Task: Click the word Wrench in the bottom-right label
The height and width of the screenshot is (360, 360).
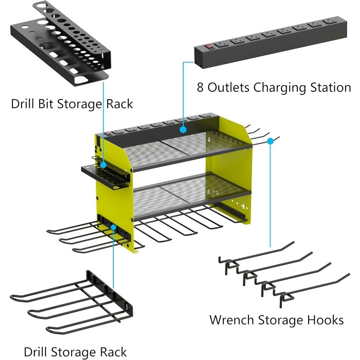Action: tap(232, 320)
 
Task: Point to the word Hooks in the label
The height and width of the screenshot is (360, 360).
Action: tap(325, 320)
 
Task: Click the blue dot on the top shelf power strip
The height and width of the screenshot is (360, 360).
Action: tap(183, 130)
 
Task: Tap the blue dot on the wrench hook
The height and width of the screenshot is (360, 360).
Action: tap(270, 141)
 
